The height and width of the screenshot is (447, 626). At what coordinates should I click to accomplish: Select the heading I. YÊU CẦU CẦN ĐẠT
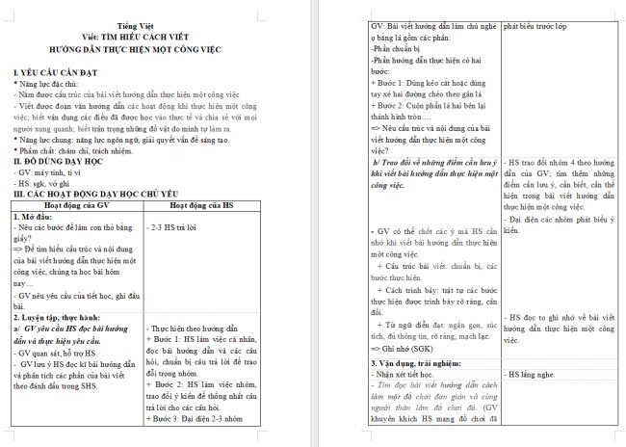[63, 73]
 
